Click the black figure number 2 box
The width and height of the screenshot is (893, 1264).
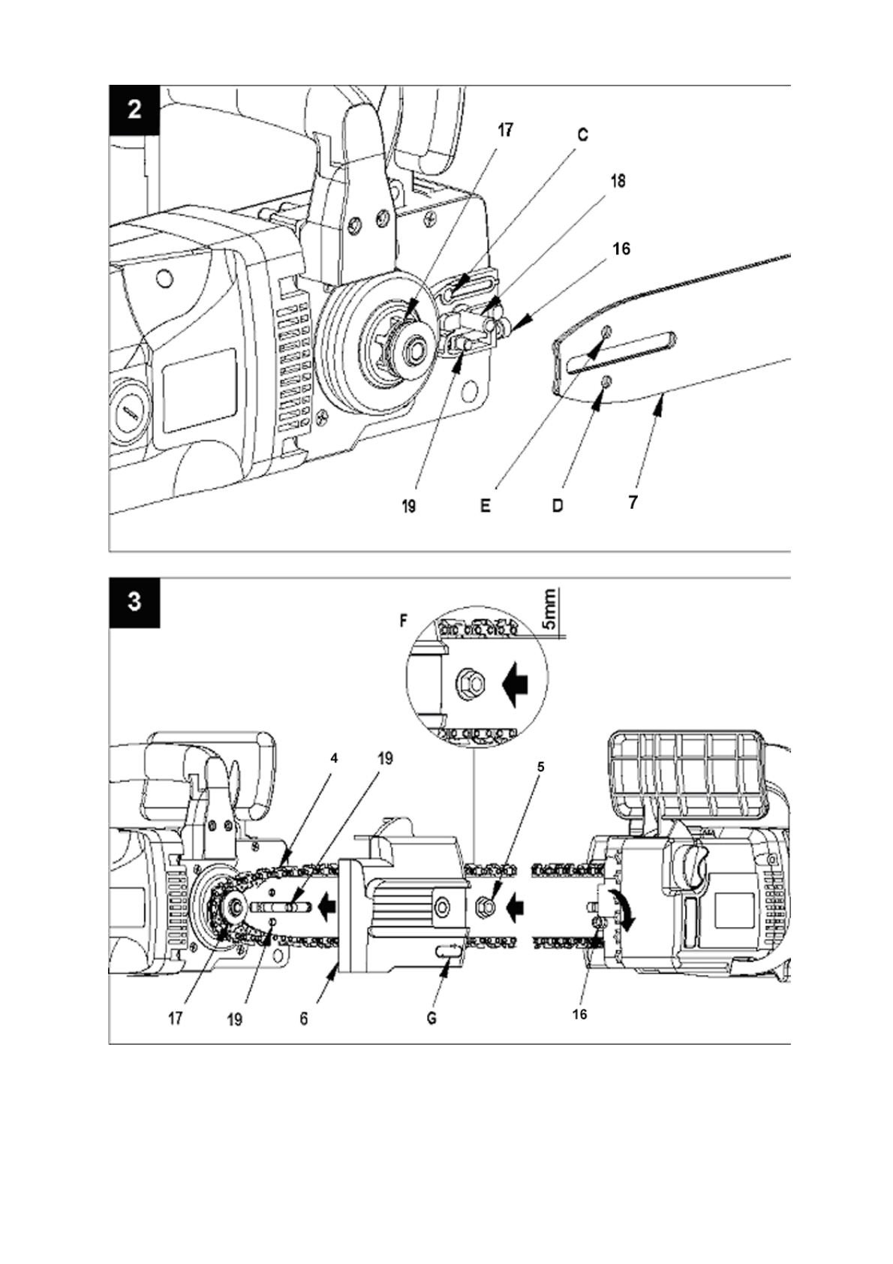134,110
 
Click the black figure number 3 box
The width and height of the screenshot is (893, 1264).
134,603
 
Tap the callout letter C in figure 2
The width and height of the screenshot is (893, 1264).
583,135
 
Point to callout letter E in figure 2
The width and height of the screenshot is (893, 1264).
485,506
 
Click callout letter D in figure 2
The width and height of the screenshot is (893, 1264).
558,506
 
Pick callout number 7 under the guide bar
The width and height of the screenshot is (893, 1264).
633,501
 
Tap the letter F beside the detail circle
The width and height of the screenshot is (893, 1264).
403,621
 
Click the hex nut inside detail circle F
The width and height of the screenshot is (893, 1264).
467,685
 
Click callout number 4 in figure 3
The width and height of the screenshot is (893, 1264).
333,759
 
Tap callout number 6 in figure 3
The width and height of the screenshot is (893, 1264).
303,1019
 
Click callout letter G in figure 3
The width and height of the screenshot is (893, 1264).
431,1019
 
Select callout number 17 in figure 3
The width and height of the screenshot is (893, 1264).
176,1019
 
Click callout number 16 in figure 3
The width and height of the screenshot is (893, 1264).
579,1014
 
